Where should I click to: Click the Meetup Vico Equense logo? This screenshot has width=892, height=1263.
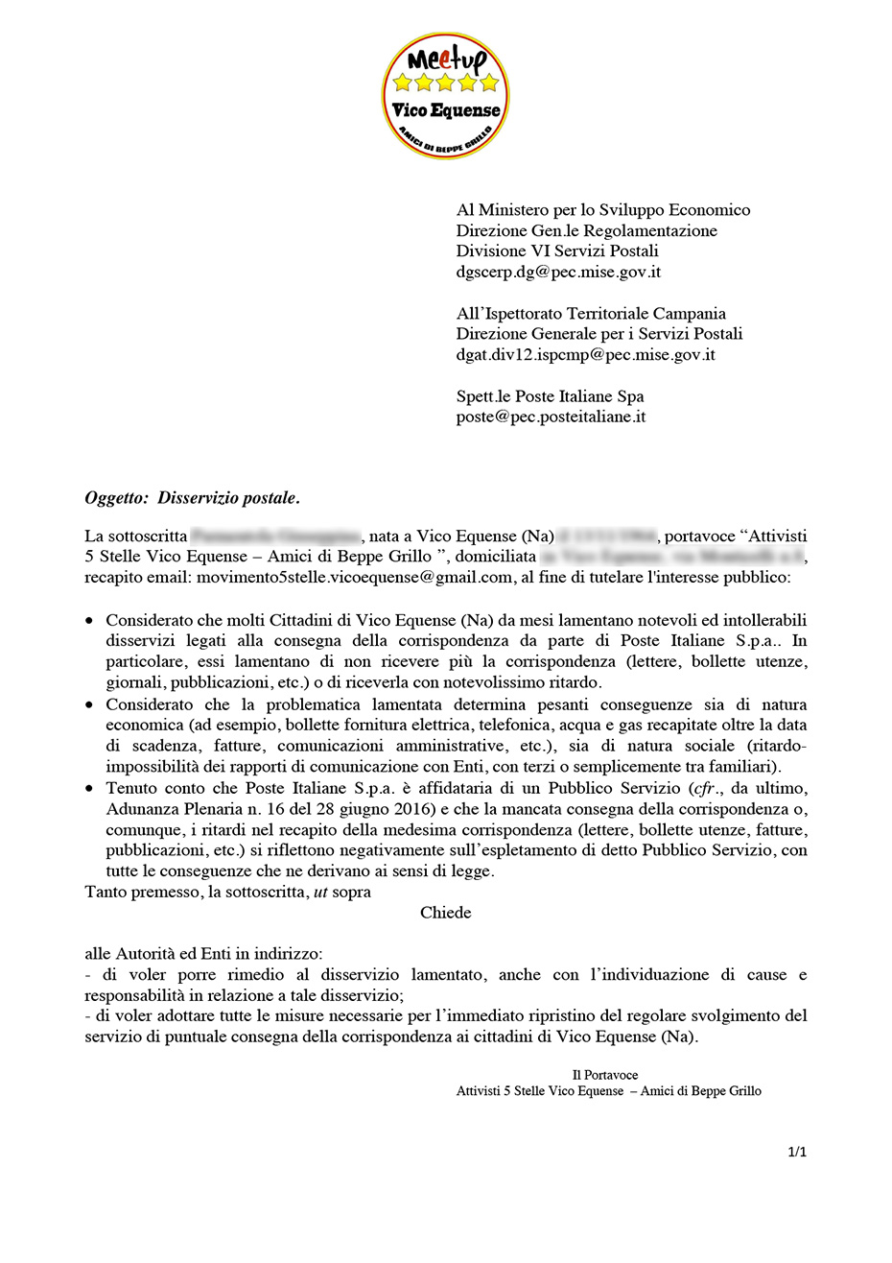pyautogui.click(x=445, y=96)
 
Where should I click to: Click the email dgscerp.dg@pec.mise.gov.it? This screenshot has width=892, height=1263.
pyautogui.click(x=558, y=272)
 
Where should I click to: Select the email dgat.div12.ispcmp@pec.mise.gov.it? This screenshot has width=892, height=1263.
pyautogui.click(x=585, y=354)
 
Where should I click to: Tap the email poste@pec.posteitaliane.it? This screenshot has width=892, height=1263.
pyautogui.click(x=551, y=417)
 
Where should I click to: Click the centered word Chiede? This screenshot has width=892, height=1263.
pyautogui.click(x=445, y=912)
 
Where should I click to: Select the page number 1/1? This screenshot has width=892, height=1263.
pyautogui.click(x=797, y=1152)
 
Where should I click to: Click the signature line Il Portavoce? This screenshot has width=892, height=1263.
pyautogui.click(x=605, y=1075)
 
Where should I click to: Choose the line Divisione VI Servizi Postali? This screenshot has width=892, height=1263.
pyautogui.click(x=557, y=250)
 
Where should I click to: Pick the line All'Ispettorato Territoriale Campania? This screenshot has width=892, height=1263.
pyautogui.click(x=591, y=313)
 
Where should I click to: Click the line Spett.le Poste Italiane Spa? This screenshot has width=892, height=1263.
pyautogui.click(x=550, y=395)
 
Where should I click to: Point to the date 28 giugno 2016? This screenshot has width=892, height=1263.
pyautogui.click(x=337, y=808)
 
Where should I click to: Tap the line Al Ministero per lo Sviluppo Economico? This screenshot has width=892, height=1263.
pyautogui.click(x=603, y=209)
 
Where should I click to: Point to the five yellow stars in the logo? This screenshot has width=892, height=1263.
pyautogui.click(x=445, y=83)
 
